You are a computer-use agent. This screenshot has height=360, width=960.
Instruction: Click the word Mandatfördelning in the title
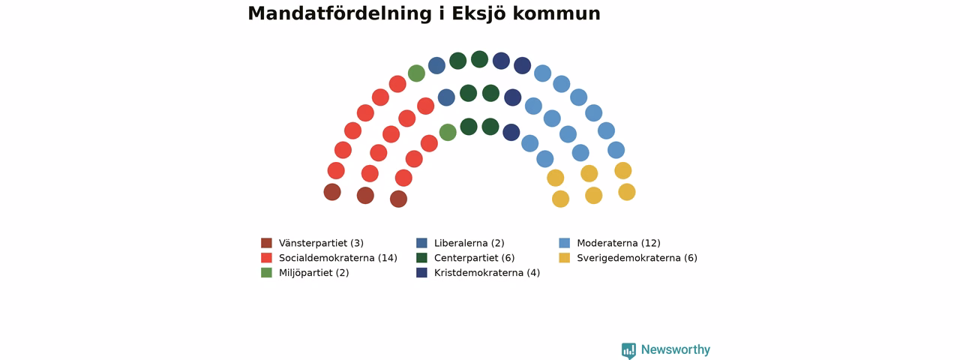tap(340, 13)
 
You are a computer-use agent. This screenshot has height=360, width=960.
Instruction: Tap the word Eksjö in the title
tap(478, 13)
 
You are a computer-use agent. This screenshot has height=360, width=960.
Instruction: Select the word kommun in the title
tap(556, 13)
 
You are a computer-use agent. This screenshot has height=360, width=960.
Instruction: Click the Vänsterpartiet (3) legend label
tap(321, 243)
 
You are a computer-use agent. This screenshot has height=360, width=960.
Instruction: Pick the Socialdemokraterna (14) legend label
tap(338, 258)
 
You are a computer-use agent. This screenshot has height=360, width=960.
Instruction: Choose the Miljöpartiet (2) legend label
tap(313, 273)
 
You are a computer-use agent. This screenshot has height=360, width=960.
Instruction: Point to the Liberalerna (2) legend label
tap(469, 243)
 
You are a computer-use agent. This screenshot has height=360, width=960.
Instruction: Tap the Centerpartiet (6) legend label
tap(475, 258)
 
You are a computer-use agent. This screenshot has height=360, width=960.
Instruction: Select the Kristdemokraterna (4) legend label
tap(487, 273)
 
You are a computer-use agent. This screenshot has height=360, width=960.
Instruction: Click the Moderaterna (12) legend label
tap(619, 243)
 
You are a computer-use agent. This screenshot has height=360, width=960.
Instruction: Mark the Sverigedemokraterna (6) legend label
tap(637, 258)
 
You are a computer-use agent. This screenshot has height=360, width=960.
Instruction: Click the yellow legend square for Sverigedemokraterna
tap(565, 258)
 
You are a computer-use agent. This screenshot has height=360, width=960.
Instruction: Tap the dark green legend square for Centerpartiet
tap(421, 258)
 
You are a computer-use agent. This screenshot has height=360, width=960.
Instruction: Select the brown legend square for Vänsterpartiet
tap(266, 243)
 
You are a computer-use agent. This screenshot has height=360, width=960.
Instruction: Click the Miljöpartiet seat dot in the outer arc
tap(416, 73)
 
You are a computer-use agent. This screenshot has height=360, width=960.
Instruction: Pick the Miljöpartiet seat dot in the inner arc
tap(448, 133)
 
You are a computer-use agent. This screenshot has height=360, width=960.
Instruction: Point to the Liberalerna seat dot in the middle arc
tap(446, 97)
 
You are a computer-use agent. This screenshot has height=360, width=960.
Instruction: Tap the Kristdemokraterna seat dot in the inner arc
tap(511, 133)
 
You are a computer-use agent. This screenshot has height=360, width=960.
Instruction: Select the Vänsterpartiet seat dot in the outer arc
tap(332, 192)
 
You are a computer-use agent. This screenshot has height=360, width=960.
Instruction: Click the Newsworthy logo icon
tap(628, 350)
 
